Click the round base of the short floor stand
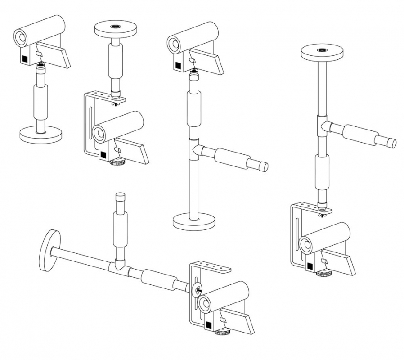click(40, 135)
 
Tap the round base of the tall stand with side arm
click(194, 221)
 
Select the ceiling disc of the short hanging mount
click(115, 30)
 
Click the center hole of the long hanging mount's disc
click(322, 50)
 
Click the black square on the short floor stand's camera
click(24, 58)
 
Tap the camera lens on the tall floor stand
click(173, 44)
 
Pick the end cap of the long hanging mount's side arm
click(392, 143)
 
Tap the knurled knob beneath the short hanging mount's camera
click(118, 162)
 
